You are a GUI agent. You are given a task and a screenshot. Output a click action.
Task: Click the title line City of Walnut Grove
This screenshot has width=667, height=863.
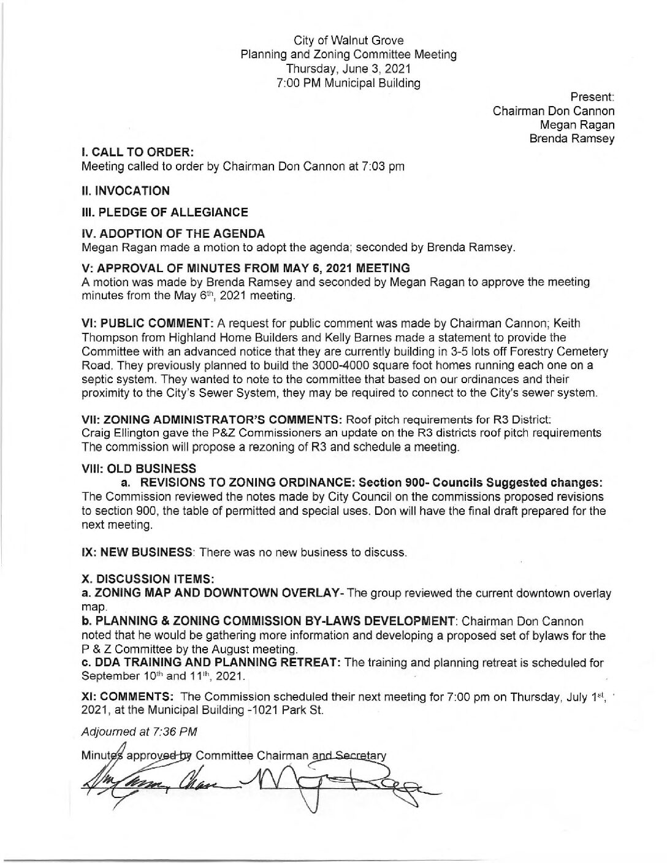(x=349, y=41)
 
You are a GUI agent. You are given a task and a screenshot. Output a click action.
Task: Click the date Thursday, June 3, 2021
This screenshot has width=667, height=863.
(x=349, y=69)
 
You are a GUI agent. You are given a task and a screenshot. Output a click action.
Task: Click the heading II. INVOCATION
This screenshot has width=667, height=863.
(x=126, y=191)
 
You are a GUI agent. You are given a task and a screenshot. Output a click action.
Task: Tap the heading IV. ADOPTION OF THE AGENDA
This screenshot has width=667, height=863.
(x=173, y=234)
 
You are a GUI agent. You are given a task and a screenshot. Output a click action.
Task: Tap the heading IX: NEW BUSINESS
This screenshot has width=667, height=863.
(x=137, y=552)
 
